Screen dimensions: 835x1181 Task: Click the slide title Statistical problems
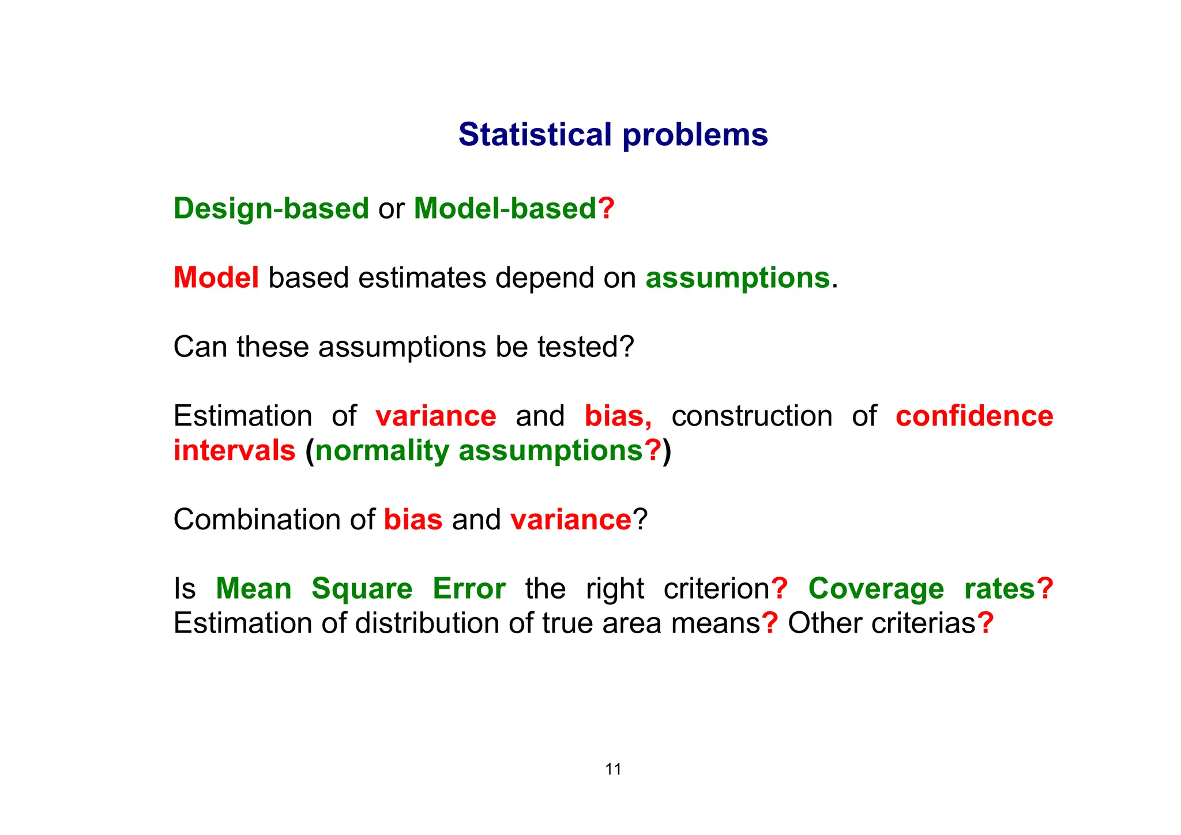pos(613,135)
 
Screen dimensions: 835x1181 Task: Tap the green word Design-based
pos(271,209)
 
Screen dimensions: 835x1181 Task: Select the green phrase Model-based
pos(505,209)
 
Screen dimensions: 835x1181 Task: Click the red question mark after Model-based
pos(606,209)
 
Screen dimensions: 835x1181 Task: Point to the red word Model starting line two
pos(216,278)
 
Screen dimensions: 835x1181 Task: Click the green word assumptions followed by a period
pos(737,278)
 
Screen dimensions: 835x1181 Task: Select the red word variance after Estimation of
pos(435,416)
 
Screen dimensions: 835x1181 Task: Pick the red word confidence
pos(974,416)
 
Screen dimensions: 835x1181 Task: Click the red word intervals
pos(234,450)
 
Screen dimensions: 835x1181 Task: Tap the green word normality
pos(382,450)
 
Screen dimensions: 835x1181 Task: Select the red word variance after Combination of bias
pos(571,520)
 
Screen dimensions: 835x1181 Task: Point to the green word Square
pos(362,589)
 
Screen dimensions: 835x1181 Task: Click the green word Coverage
pos(876,589)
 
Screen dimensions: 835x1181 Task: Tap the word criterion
pos(716,589)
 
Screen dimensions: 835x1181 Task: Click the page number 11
pos(613,769)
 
